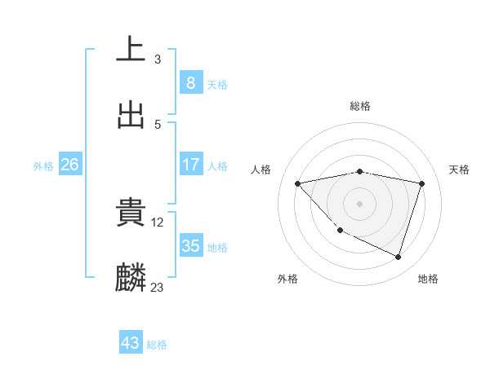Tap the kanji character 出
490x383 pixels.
pos(131,115)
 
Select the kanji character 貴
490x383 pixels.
pos(131,213)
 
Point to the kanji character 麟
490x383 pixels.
pos(131,278)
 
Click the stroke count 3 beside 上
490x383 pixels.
pos(158,59)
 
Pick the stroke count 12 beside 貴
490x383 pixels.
pos(158,222)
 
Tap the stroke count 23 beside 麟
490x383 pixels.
pos(158,287)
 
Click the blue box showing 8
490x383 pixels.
pos(190,82)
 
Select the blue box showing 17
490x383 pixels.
pos(190,165)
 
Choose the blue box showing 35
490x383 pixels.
pos(190,246)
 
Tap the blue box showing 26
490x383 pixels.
pos(69,165)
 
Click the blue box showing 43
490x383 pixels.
pos(131,343)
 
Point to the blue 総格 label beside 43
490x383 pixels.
pos(157,345)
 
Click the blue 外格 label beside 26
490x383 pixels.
pos(43,166)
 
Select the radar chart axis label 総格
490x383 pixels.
pos(359,106)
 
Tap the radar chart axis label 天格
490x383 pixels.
pos(459,169)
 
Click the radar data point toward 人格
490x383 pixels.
pos(297,183)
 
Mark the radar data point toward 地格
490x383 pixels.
pos(398,257)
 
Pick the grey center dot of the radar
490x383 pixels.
pos(359,203)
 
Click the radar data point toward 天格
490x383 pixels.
pos(421,183)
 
